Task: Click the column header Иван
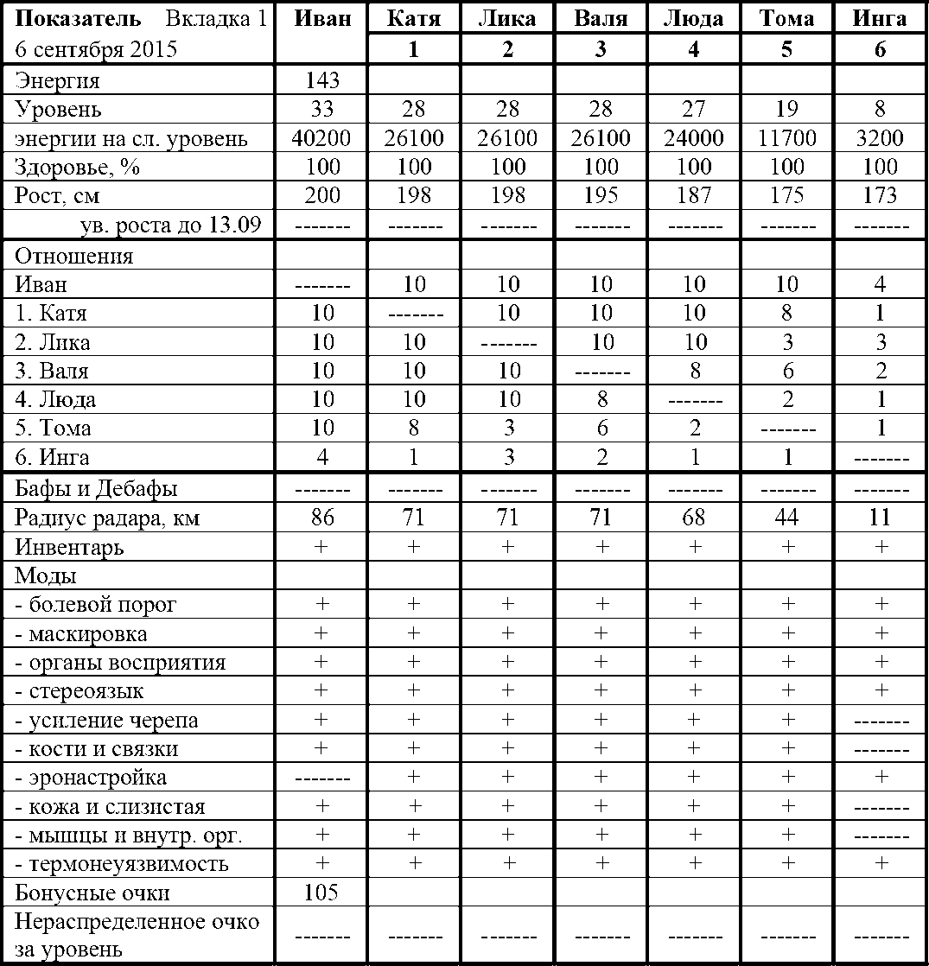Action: click(322, 19)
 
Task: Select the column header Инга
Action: click(879, 19)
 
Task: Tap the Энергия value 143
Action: click(322, 81)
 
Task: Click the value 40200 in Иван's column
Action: click(322, 138)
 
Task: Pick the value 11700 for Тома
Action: click(786, 138)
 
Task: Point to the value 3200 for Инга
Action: click(879, 138)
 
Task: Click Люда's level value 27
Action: click(693, 110)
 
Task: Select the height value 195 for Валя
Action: click(600, 195)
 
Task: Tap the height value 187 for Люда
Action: click(693, 195)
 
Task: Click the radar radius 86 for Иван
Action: click(322, 518)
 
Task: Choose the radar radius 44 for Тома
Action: click(786, 518)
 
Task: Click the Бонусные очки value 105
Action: click(322, 893)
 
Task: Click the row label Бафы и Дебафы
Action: click(97, 489)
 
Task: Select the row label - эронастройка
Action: click(91, 778)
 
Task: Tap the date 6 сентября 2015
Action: click(95, 49)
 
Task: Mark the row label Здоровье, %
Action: click(77, 167)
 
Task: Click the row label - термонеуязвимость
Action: click(122, 864)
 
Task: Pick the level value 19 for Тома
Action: click(786, 110)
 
